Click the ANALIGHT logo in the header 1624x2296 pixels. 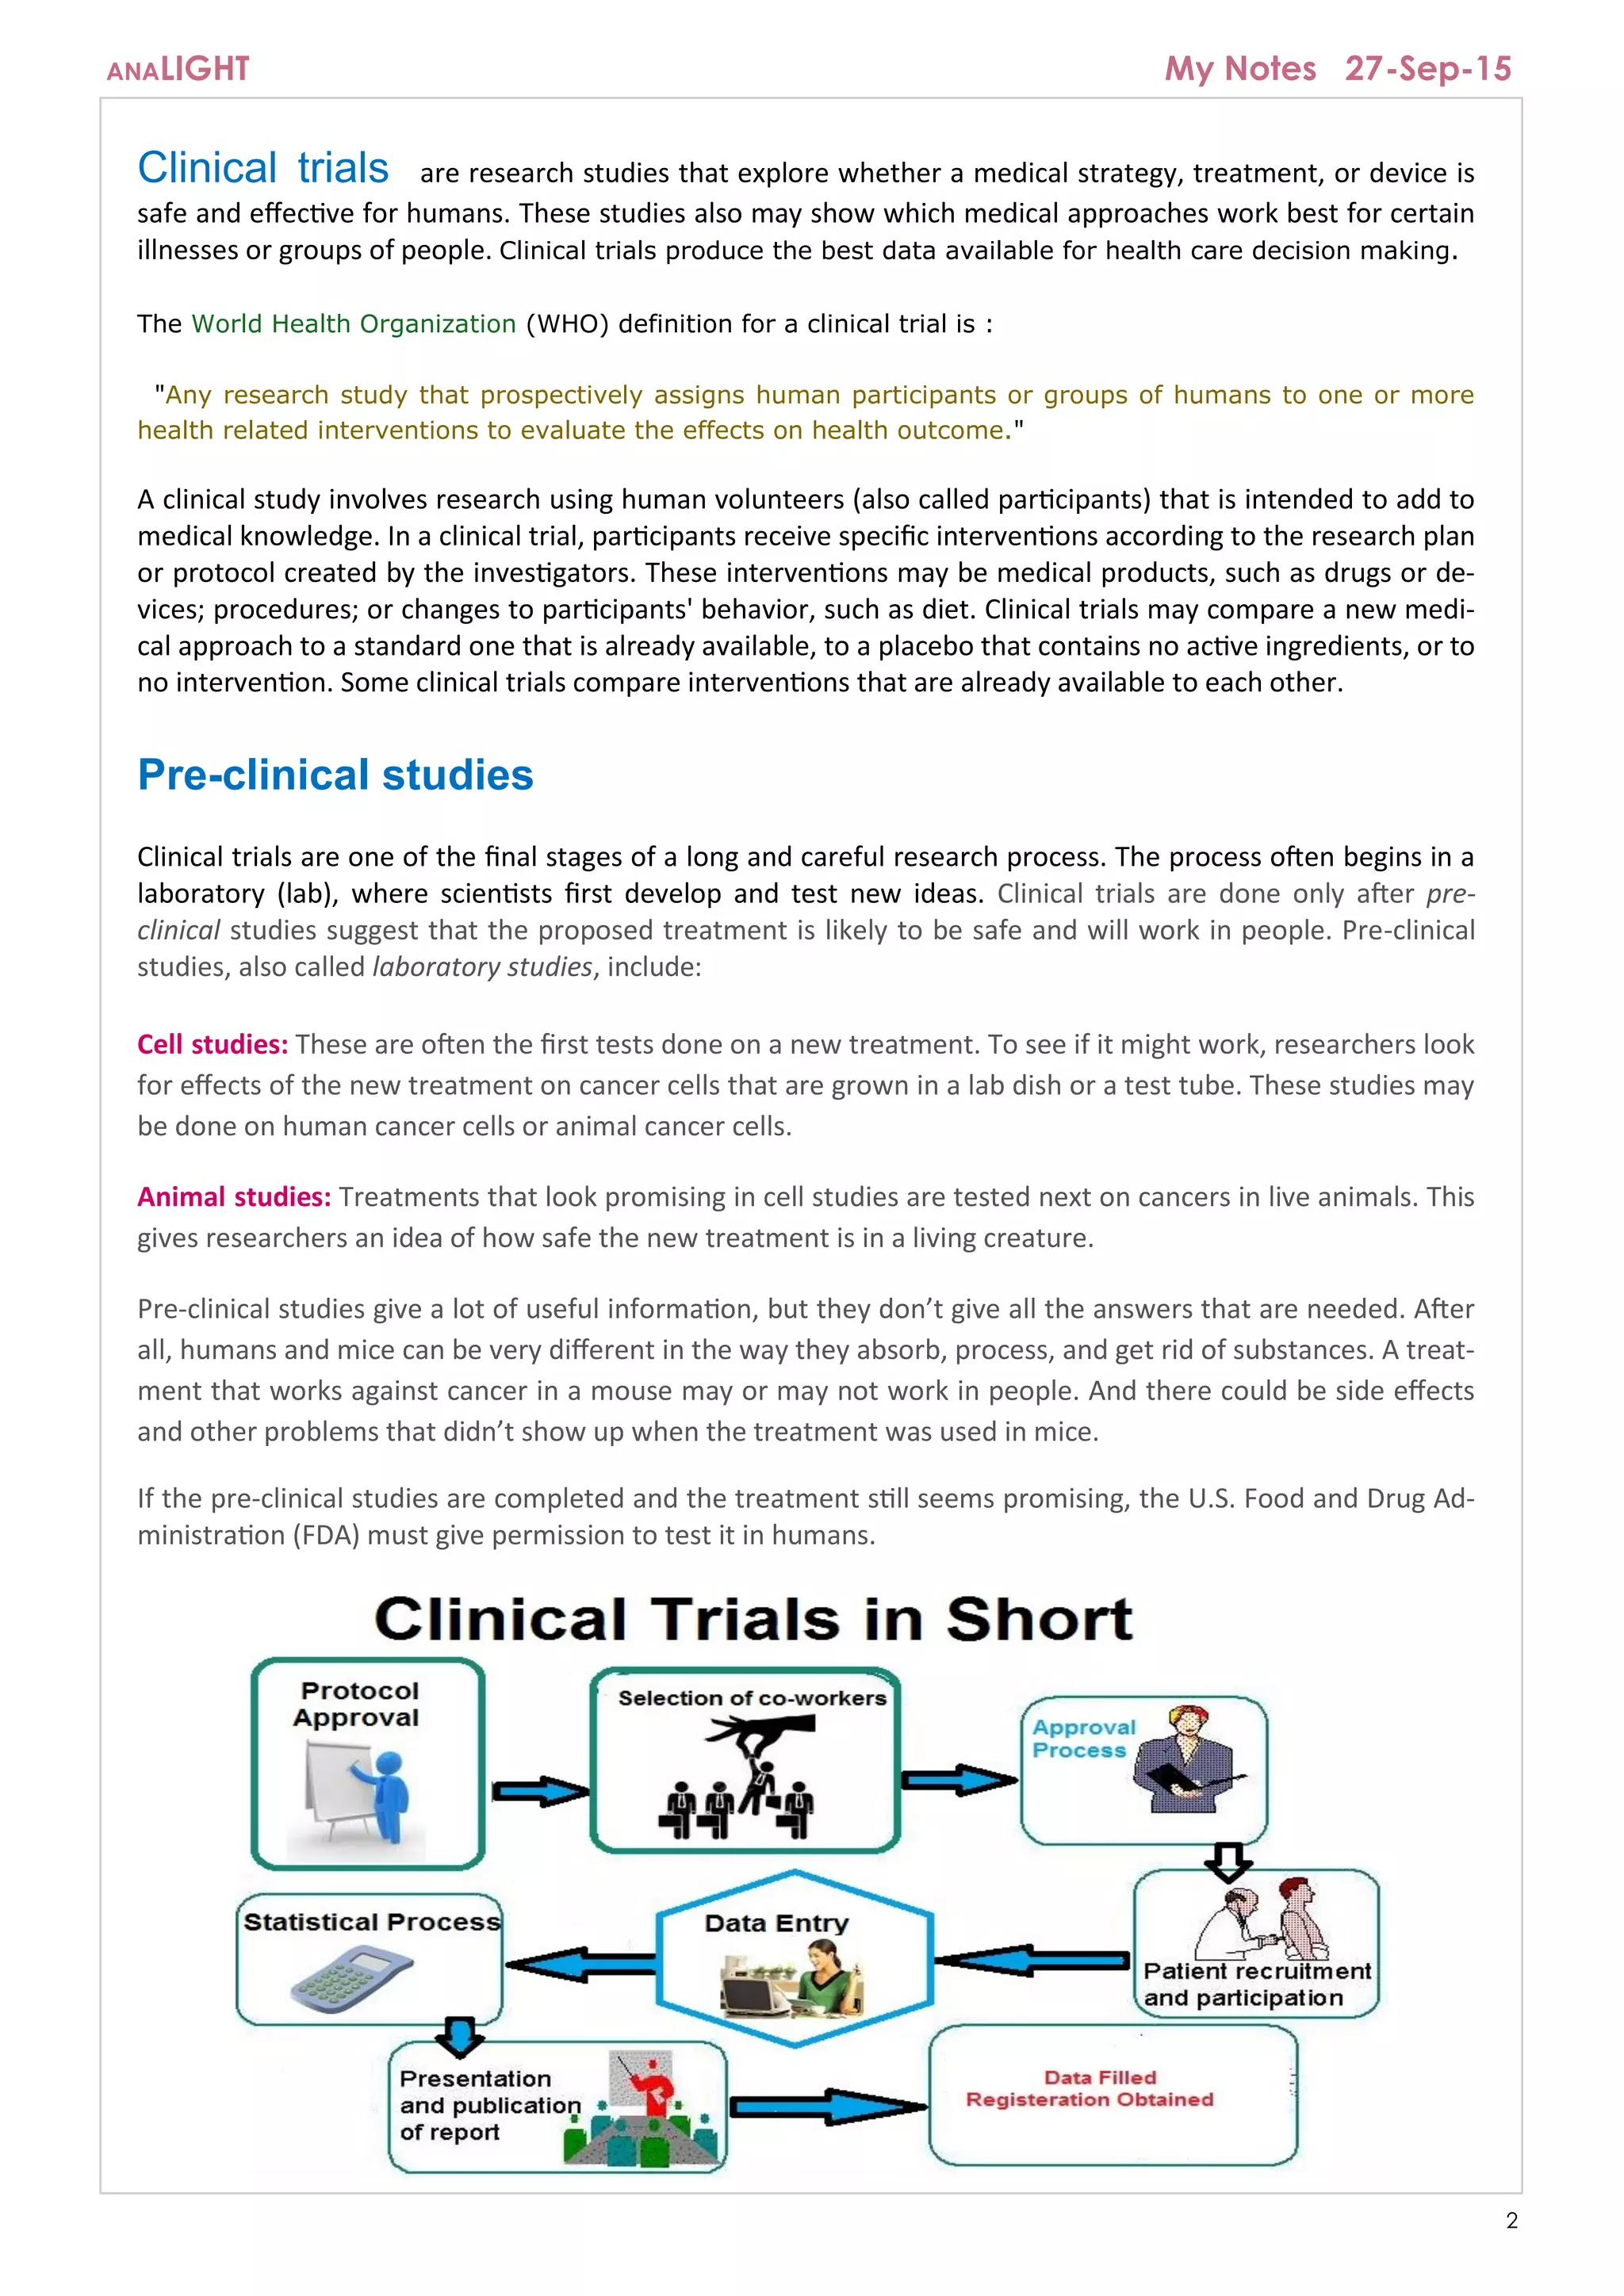pyautogui.click(x=178, y=69)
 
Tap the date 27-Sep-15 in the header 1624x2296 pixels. pyautogui.click(x=1427, y=68)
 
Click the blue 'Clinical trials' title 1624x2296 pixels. pyautogui.click(x=263, y=168)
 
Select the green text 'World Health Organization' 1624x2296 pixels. pyautogui.click(x=354, y=324)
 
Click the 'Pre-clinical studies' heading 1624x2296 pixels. pyautogui.click(x=335, y=775)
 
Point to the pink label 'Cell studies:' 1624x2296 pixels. pyautogui.click(x=212, y=1044)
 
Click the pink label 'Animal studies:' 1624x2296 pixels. pyautogui.click(x=234, y=1197)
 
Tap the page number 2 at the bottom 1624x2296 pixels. pyautogui.click(x=1511, y=2221)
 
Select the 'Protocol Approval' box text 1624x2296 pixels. pyautogui.click(x=358, y=1704)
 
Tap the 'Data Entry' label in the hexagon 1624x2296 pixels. pyautogui.click(x=776, y=1923)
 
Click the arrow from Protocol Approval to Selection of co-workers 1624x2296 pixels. pyautogui.click(x=539, y=1791)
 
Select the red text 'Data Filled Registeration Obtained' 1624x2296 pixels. pyautogui.click(x=1091, y=2089)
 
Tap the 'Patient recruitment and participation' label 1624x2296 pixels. pyautogui.click(x=1256, y=1984)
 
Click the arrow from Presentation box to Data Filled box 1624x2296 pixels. pyautogui.click(x=826, y=2107)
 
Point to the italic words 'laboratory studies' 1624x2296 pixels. pyautogui.click(x=482, y=967)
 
